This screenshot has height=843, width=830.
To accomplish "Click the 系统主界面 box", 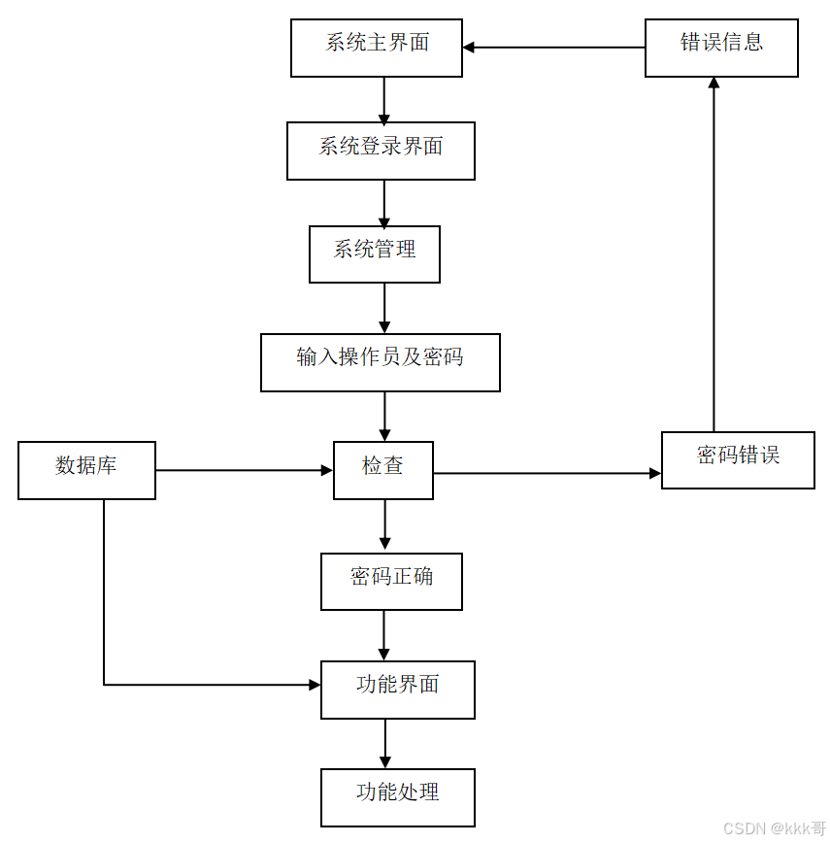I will [x=377, y=48].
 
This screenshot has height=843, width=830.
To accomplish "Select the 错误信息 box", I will [x=721, y=48].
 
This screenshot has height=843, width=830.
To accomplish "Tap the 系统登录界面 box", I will [x=381, y=151].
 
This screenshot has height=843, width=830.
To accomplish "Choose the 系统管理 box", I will [x=375, y=254].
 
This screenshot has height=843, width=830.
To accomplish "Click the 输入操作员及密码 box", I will [x=381, y=362].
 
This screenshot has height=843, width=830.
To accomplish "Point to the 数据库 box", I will [x=86, y=470].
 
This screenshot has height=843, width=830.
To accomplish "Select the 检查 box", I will [x=383, y=470].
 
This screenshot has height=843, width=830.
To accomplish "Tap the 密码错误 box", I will [x=738, y=459].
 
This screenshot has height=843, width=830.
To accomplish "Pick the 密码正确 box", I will [x=391, y=581].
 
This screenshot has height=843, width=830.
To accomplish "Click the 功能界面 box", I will [x=398, y=690].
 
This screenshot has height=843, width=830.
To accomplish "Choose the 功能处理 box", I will [x=398, y=797].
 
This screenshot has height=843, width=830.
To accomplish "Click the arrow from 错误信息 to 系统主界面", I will [x=553, y=47].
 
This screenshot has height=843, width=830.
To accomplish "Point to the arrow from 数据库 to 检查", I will [x=244, y=470].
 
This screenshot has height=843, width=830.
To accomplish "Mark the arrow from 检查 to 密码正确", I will [x=384, y=525].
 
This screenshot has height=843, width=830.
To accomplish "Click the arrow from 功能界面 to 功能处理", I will [x=384, y=743].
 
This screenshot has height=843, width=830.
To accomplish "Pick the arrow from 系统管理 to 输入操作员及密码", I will [x=384, y=308].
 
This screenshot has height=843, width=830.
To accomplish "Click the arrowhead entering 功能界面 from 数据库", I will [x=315, y=685].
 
